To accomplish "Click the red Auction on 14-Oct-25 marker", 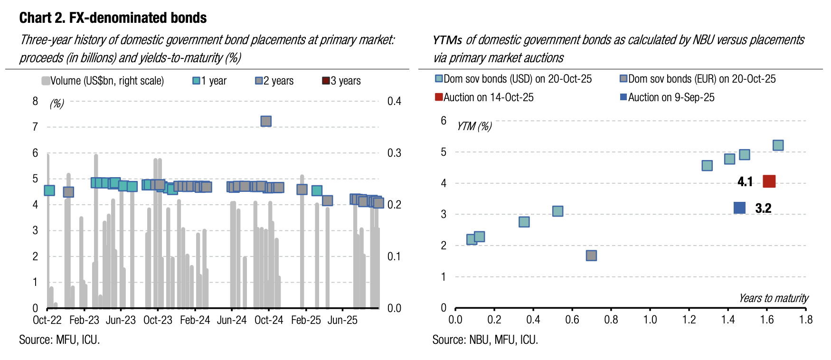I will [769, 181].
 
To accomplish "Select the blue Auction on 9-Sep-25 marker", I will [739, 208].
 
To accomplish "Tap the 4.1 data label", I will [745, 182].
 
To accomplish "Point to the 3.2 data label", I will [763, 208].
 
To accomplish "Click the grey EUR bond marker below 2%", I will [591, 256].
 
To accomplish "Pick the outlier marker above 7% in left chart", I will [266, 121].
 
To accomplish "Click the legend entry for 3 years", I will [341, 81].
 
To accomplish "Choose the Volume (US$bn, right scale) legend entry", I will [103, 81].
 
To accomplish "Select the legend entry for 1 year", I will [209, 81].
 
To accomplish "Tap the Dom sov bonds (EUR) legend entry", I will [698, 79].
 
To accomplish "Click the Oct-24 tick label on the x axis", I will [269, 320].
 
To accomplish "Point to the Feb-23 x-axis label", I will [84, 320].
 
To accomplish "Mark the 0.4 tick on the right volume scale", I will [394, 101].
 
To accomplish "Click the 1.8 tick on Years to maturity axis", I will [806, 320].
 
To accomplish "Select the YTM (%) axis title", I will [474, 126].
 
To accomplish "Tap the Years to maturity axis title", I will [773, 298].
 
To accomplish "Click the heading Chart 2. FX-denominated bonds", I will [113, 18].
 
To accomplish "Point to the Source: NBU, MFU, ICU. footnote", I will [485, 340].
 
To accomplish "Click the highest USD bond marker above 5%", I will [778, 145].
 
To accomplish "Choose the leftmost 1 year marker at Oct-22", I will [49, 190].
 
